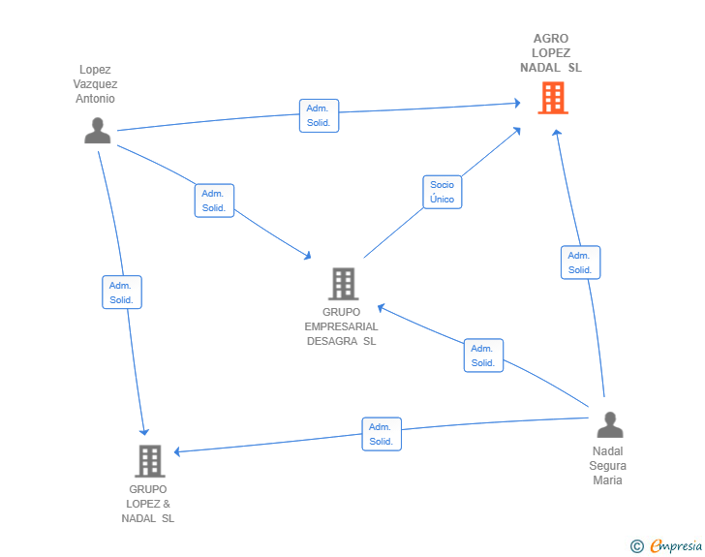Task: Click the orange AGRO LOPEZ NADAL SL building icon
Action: pos(552,98)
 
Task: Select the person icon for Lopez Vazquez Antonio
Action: pos(97,130)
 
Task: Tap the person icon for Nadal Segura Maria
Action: pos(609,425)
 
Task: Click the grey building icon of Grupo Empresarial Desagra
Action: pos(343,284)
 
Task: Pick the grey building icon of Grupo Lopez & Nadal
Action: pos(149,461)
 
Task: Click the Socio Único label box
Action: pos(442,192)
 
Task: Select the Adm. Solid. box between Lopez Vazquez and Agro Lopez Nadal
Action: pos(319,115)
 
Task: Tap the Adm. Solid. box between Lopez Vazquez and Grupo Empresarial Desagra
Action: pos(213,201)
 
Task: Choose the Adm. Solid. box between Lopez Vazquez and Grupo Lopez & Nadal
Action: pos(121,293)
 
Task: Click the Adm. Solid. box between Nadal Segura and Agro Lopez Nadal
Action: pos(580,263)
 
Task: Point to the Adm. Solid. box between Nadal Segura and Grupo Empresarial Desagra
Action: pos(483,356)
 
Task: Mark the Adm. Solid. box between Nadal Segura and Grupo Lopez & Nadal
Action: pos(382,434)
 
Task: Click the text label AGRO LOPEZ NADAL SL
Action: pos(551,53)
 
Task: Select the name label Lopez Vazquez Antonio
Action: pos(95,84)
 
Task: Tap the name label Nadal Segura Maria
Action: pos(608,466)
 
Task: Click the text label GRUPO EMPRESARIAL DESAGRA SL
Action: pos(342,326)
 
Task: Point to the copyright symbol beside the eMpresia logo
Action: pos(637,546)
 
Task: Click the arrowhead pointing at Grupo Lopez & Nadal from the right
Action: pos(176,451)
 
